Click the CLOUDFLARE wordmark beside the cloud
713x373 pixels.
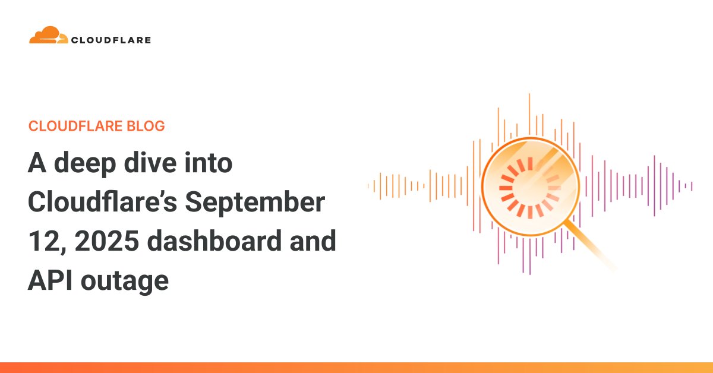point(111,40)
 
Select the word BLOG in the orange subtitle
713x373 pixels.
point(145,126)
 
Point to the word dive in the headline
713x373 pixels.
point(143,163)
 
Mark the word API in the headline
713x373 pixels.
point(50,280)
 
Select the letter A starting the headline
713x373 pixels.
point(37,163)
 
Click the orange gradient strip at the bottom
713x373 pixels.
point(356,368)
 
